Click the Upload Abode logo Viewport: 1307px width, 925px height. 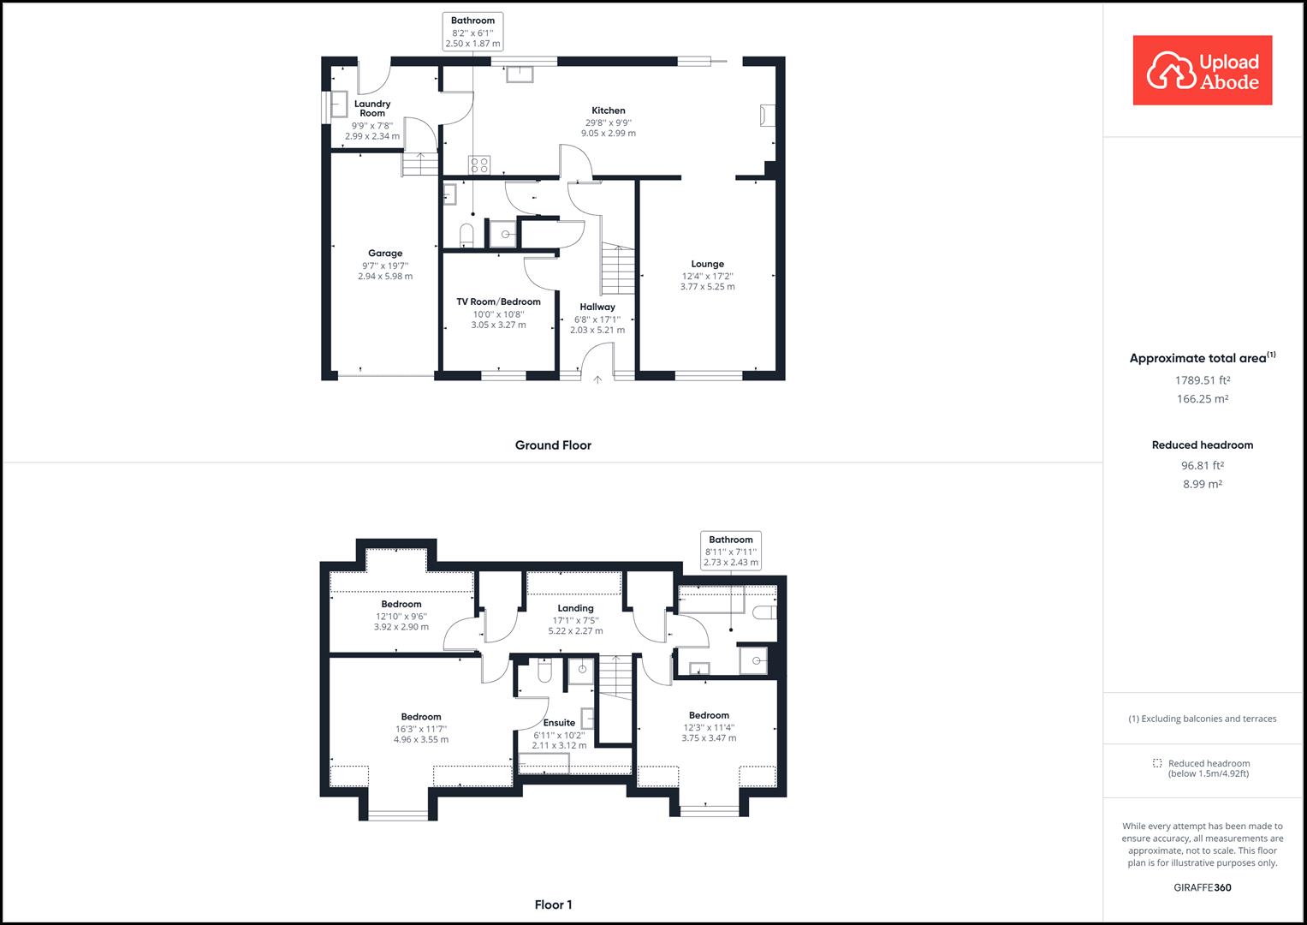point(1202,70)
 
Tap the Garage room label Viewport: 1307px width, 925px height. point(385,254)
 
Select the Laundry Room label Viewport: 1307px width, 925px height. point(372,109)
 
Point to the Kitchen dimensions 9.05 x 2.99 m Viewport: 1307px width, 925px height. point(609,134)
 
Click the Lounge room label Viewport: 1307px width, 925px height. point(708,264)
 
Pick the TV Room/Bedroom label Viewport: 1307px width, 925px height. point(498,301)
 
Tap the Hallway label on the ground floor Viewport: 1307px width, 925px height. point(597,307)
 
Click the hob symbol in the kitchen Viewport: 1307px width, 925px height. point(478,164)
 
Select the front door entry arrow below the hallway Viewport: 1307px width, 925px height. point(597,379)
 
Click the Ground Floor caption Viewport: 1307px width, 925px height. point(553,445)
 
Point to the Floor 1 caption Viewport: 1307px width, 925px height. point(553,904)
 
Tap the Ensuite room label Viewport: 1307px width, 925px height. point(560,723)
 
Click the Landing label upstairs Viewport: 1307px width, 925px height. point(575,608)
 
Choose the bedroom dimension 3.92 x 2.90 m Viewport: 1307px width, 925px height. point(401,627)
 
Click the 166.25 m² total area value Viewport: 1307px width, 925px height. point(1202,399)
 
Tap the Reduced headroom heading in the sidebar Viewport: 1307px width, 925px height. point(1202,445)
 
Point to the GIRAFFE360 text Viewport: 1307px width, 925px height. point(1202,887)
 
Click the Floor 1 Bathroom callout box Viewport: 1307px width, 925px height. point(731,551)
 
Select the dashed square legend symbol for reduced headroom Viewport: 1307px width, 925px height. point(1157,763)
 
